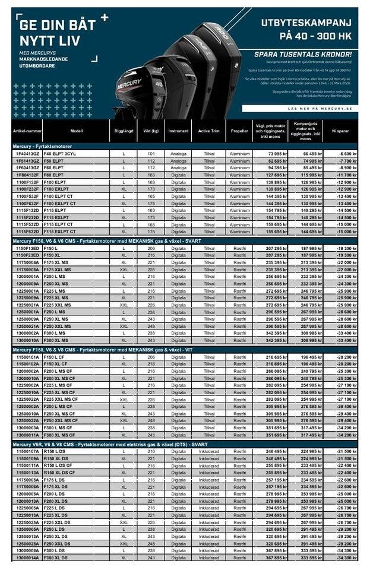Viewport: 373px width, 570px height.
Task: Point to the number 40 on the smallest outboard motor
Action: click(x=159, y=84)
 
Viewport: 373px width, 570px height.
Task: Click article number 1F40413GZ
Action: click(x=27, y=154)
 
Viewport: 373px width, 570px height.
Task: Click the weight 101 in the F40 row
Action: click(x=151, y=154)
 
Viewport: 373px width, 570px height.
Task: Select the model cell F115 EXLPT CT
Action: click(x=60, y=232)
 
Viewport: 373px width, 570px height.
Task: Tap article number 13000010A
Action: click(x=27, y=340)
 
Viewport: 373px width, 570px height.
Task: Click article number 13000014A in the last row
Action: click(x=27, y=558)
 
